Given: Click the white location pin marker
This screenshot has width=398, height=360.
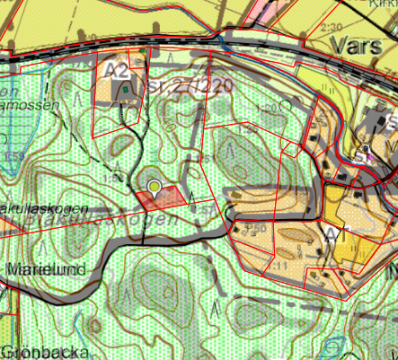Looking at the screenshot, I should click(x=155, y=188).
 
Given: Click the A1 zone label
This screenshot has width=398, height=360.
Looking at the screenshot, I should click(x=338, y=232).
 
